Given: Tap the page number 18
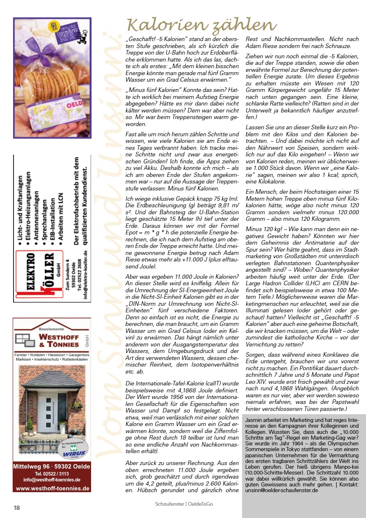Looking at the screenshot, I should pyautogui.click(x=17, y=508).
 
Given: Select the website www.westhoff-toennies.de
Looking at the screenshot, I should pyautogui.click(x=53, y=488).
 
